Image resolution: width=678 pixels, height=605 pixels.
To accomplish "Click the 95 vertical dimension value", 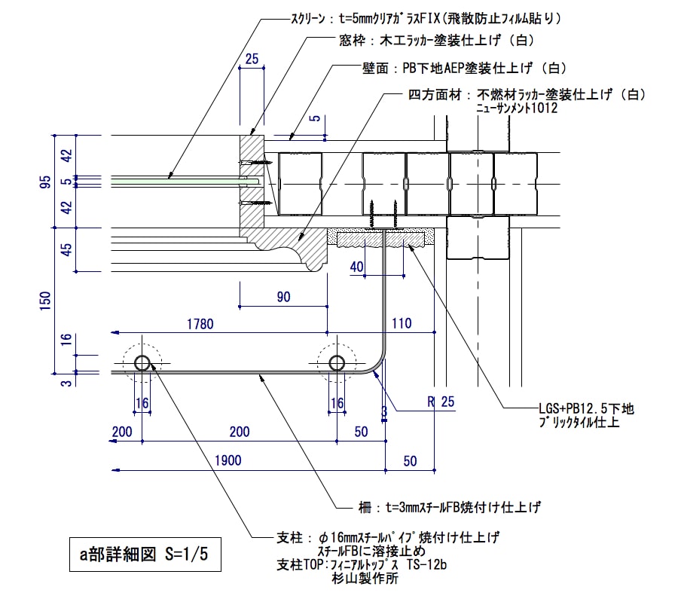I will pyautogui.click(x=46, y=181).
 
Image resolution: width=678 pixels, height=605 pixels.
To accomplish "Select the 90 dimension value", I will pyautogui.click(x=283, y=297).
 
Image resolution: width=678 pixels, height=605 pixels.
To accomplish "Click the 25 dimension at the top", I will pyautogui.click(x=252, y=58).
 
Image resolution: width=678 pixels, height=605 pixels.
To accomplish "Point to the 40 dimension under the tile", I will pyautogui.click(x=357, y=265).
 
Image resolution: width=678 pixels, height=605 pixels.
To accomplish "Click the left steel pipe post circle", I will pyautogui.click(x=142, y=363).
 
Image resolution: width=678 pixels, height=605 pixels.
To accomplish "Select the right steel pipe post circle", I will pyautogui.click(x=337, y=363).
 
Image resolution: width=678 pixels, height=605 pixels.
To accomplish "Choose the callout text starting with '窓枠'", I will pyautogui.click(x=437, y=41).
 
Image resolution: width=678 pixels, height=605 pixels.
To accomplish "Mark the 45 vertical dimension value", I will pyautogui.click(x=66, y=249).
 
